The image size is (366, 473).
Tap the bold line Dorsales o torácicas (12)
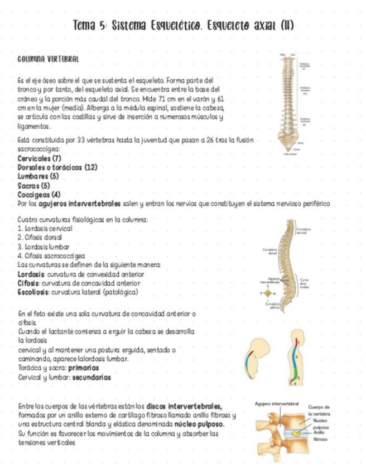point(57,167)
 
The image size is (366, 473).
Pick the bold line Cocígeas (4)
point(39,195)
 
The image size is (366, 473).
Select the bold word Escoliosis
point(32,292)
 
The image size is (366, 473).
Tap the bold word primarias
point(84,368)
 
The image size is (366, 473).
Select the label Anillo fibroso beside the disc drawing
point(321,436)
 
